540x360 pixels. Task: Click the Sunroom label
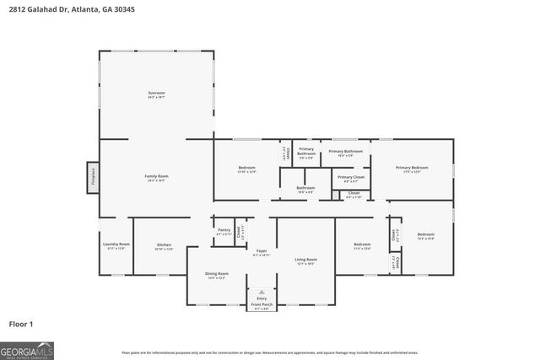(156, 93)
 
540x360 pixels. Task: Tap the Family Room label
(157, 175)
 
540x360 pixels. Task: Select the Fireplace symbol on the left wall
(93, 175)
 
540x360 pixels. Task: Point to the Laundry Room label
(117, 244)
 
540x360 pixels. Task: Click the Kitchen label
(164, 245)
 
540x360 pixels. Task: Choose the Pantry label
(224, 229)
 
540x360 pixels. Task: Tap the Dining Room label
(218, 274)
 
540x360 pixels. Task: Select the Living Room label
(305, 259)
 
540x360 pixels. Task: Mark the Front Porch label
(262, 304)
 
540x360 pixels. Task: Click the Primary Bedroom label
(413, 168)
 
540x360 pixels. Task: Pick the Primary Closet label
(351, 177)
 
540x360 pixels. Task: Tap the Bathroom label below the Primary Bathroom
(305, 188)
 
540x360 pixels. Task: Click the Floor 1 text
(20, 323)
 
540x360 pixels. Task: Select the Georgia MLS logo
(27, 349)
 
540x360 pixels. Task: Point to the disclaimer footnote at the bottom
(269, 352)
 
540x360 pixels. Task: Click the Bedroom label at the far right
(425, 234)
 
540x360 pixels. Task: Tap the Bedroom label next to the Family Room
(246, 168)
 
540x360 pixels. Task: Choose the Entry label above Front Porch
(262, 298)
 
